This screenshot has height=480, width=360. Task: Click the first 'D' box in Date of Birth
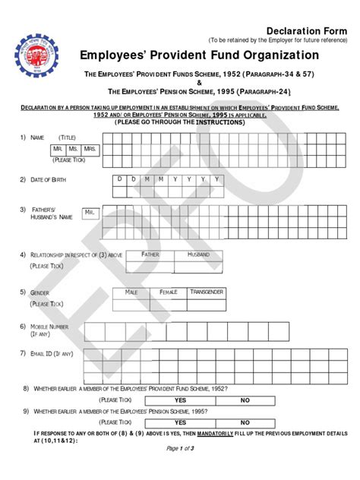tap(118, 180)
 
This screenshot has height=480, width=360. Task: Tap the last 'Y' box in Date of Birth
tap(216, 180)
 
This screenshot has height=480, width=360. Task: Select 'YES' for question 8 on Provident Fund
tap(180, 399)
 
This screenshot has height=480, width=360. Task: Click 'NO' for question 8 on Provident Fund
tap(245, 399)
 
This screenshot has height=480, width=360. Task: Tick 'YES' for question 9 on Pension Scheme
tap(180, 422)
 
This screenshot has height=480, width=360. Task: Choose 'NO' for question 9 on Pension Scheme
tap(245, 422)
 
